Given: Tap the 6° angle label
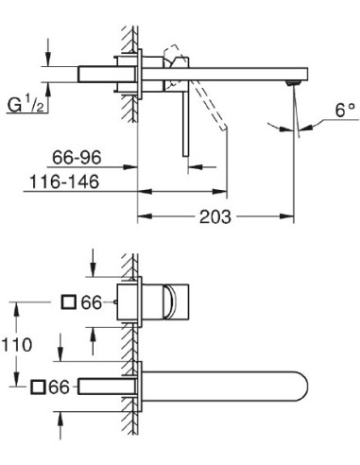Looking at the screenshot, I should pyautogui.click(x=320, y=135).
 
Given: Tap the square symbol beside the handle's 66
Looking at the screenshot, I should pyautogui.click(x=68, y=302).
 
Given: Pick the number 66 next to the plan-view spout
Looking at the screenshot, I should pyautogui.click(x=60, y=387).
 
